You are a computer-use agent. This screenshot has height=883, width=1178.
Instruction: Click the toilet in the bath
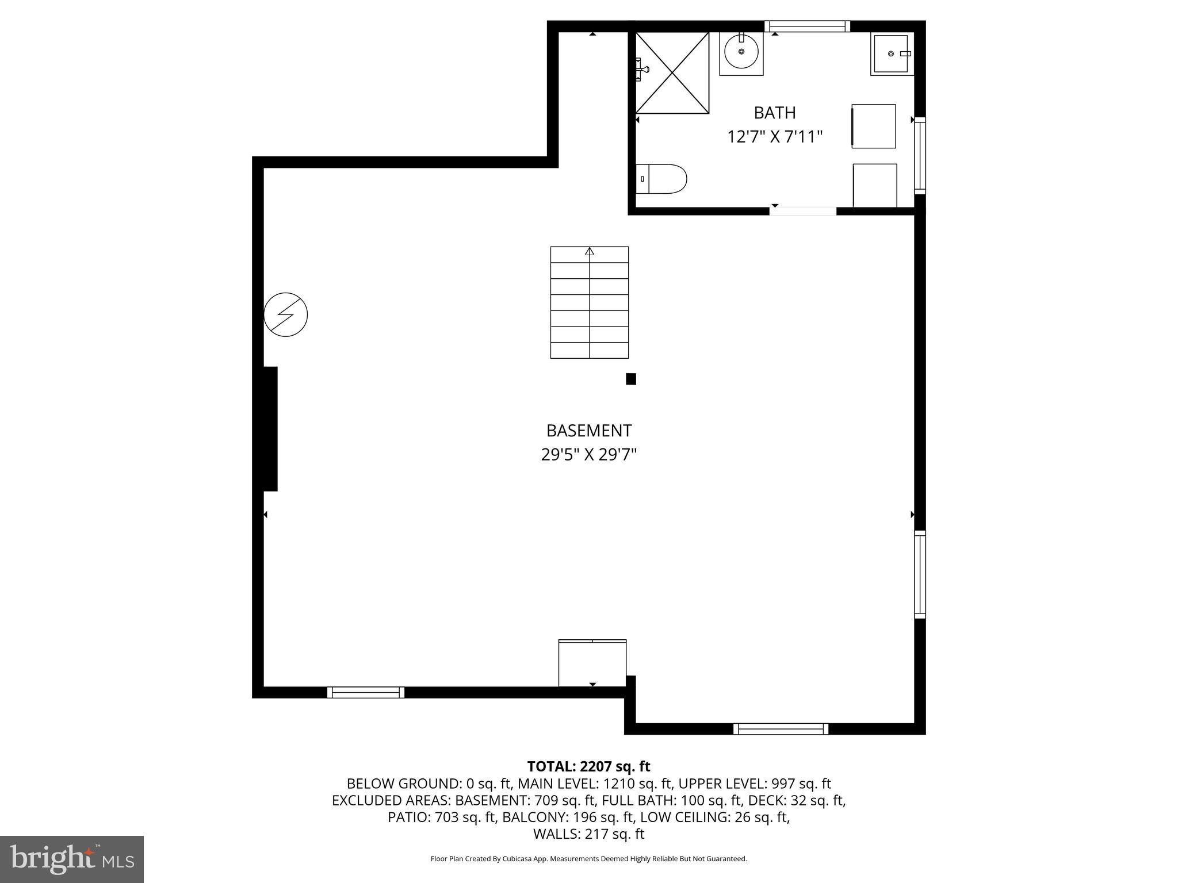(x=662, y=179)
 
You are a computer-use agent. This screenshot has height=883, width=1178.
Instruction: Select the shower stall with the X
(x=672, y=73)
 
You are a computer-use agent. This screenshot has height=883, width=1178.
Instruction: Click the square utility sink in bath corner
(x=891, y=54)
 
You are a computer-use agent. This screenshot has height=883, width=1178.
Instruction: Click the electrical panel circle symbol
(x=286, y=314)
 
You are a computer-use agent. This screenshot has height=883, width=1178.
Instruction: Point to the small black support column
(x=631, y=379)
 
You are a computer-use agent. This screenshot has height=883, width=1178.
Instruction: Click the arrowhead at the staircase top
(x=590, y=251)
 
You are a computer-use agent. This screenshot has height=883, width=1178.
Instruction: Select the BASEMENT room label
(x=589, y=431)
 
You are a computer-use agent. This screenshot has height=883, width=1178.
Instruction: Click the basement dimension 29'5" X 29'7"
(x=589, y=455)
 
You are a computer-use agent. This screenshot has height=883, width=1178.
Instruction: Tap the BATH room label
(x=775, y=112)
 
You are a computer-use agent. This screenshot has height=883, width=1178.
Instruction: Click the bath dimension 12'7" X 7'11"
(x=775, y=137)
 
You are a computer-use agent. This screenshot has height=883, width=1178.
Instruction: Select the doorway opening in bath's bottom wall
(x=803, y=211)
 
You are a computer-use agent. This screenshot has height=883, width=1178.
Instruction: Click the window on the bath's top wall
(x=807, y=26)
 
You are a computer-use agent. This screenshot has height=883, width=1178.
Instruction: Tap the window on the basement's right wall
(x=920, y=574)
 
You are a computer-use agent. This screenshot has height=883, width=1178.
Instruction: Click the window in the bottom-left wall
(x=366, y=693)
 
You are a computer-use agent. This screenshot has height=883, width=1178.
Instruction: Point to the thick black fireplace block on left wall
(x=270, y=429)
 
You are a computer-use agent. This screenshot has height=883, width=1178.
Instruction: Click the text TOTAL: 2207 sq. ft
(x=588, y=766)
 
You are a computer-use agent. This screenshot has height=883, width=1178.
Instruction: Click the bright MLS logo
(x=72, y=859)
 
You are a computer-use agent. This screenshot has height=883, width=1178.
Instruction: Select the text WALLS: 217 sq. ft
(x=588, y=834)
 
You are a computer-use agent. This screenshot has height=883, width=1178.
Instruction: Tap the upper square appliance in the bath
(x=874, y=126)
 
